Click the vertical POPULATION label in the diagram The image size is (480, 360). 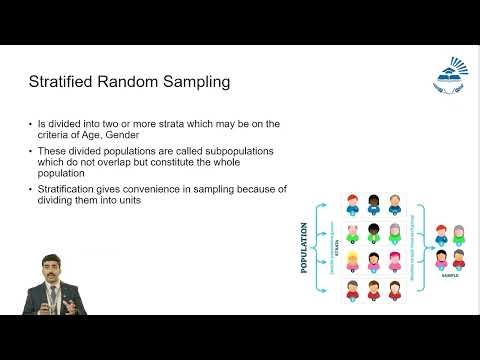point(304,249)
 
